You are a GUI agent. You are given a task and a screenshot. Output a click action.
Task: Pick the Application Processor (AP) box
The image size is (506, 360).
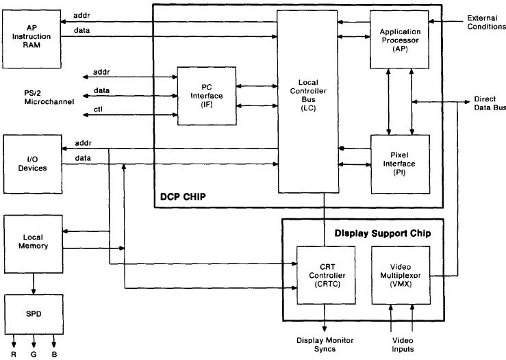(x=400, y=39)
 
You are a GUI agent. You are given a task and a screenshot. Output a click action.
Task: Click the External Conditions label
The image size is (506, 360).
(x=486, y=22)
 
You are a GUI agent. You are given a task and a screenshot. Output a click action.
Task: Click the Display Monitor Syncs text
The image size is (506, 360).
(x=324, y=344)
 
